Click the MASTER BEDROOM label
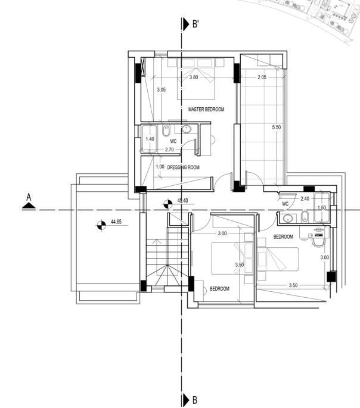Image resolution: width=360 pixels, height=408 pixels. tap(206, 109)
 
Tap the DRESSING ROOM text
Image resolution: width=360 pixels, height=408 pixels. tap(183, 167)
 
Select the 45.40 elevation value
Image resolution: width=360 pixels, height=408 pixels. tap(182, 201)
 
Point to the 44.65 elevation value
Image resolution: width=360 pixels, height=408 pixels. tap(116, 222)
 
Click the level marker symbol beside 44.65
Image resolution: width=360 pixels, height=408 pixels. tap(101, 225)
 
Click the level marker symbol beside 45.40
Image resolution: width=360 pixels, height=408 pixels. tap(168, 204)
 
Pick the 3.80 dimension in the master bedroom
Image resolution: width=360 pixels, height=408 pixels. tap(194, 77)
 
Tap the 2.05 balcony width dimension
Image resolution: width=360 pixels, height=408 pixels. tap(262, 77)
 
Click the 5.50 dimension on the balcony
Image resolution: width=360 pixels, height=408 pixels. tap(277, 127)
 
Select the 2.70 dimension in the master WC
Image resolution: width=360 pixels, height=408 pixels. tap(169, 150)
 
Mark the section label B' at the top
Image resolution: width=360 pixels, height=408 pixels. tap(195, 24)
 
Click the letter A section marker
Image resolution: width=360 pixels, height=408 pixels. tap(29, 197)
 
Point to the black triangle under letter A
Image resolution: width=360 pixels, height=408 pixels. tap(29, 206)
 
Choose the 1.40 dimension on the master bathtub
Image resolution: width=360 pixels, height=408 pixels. tap(150, 139)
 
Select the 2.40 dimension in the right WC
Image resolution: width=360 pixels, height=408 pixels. tap(305, 199)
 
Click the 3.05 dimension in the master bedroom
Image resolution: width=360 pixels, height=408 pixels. tap(162, 90)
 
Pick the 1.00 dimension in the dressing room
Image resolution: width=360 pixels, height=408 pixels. tap(160, 167)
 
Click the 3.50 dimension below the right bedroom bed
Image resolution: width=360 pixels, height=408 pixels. tap(293, 285)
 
